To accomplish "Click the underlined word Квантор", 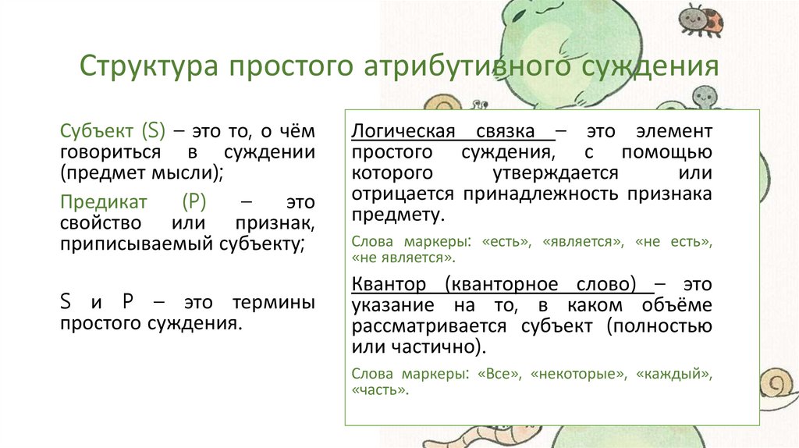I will (388, 283).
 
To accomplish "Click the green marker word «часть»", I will (380, 389).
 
